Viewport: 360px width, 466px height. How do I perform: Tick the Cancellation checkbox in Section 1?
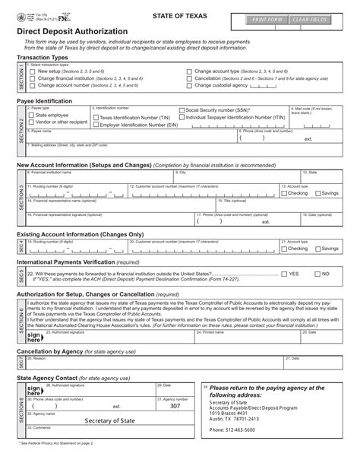(x=188, y=78)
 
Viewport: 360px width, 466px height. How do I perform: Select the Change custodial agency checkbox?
(x=188, y=85)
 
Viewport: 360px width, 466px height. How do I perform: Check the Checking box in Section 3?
(x=284, y=194)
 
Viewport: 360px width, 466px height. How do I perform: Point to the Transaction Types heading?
(x=47, y=57)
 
